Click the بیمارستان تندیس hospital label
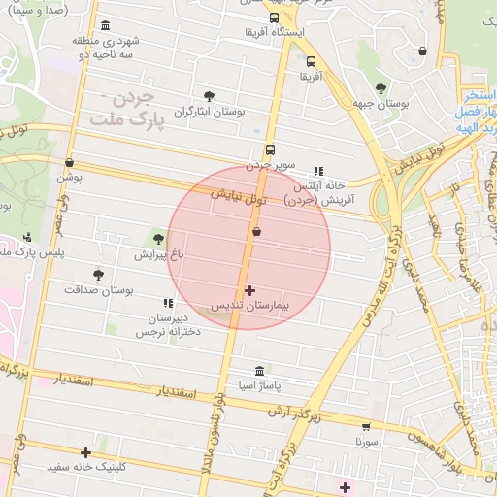tap(251, 306)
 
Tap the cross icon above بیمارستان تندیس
tap(250, 290)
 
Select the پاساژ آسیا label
tap(259, 386)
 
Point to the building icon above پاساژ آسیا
tap(259, 372)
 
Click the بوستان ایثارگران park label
tap(209, 112)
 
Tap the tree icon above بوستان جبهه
tap(380, 87)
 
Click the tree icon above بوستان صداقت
tap(98, 275)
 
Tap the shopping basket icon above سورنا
tap(366, 425)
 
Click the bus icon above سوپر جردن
tap(270, 150)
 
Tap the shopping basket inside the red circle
tap(256, 232)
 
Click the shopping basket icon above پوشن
tap(69, 162)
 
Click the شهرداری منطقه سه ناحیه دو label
tap(107, 47)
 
